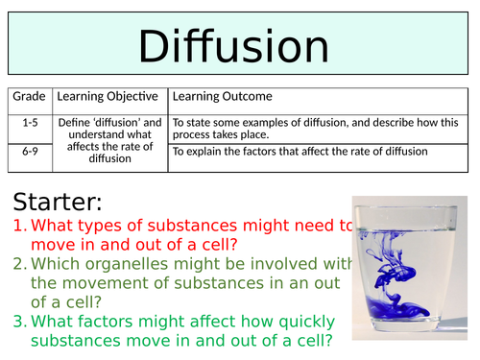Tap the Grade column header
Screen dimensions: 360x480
coord(30,96)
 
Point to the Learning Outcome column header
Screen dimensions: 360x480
coord(222,96)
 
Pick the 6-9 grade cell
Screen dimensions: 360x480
coord(30,152)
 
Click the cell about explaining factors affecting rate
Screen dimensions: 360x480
coord(298,152)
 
